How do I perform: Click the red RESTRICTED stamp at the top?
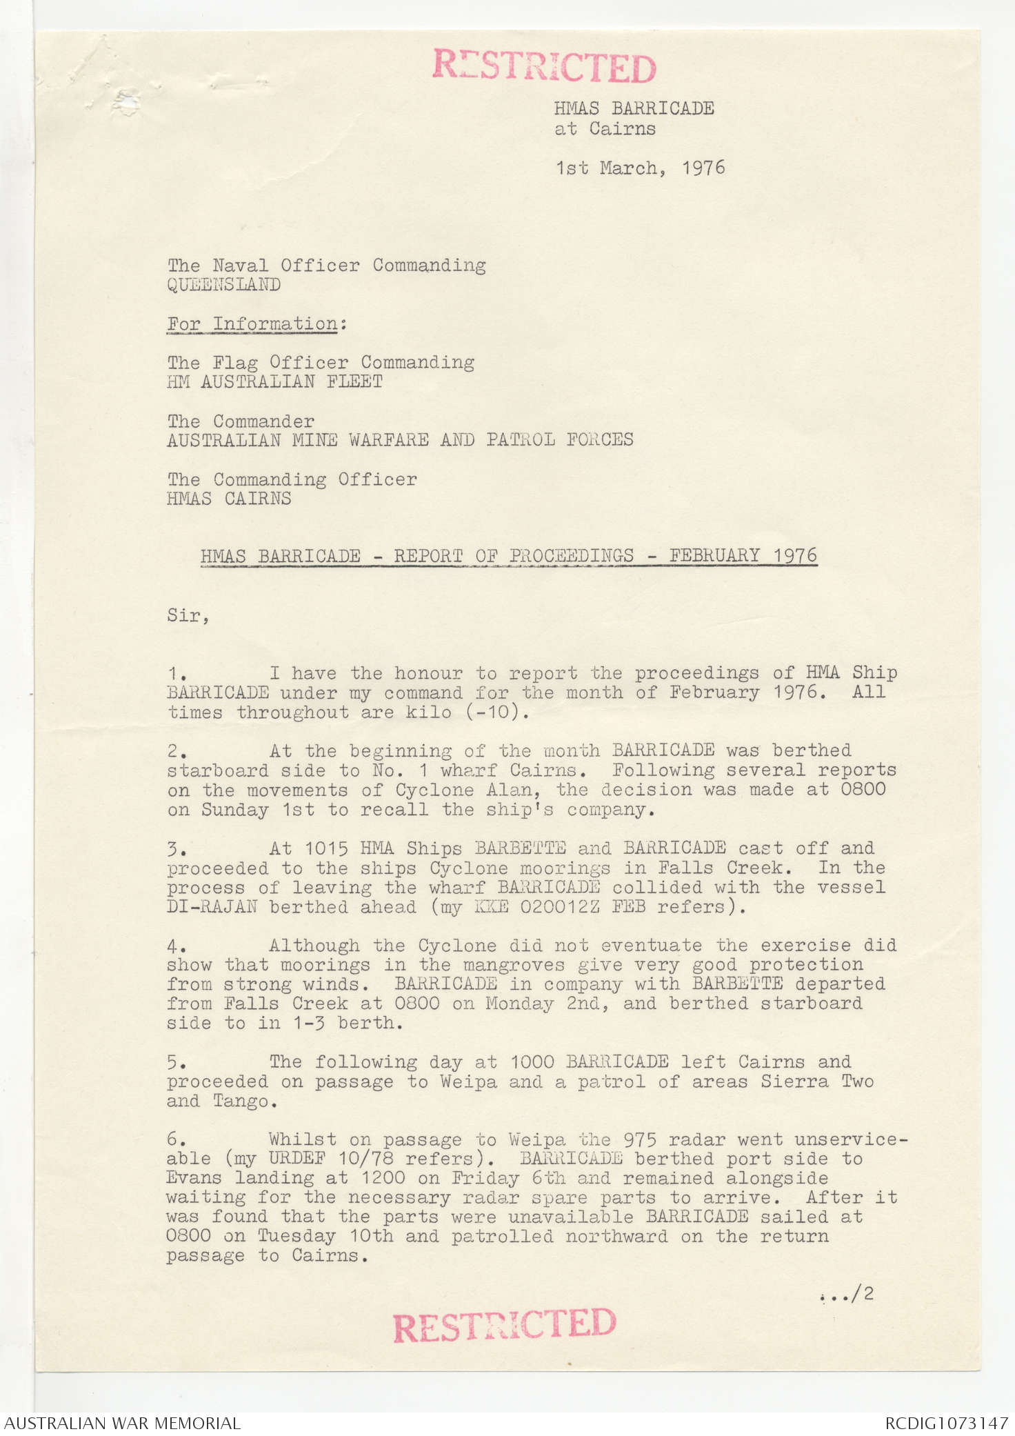tap(544, 67)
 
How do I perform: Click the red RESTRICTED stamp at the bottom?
tap(504, 1325)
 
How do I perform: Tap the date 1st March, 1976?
tap(641, 168)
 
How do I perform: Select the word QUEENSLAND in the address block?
tap(224, 285)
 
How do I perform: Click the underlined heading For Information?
tap(252, 323)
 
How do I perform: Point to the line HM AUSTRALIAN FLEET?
tap(274, 381)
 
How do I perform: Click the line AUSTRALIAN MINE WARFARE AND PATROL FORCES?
tap(400, 439)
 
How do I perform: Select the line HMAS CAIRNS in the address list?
tap(229, 498)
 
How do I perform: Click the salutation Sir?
tap(188, 615)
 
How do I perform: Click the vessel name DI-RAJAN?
tap(212, 907)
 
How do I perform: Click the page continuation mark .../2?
tap(847, 1294)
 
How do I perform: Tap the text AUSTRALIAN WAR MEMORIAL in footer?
tap(123, 1423)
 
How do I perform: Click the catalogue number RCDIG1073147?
tap(946, 1423)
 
